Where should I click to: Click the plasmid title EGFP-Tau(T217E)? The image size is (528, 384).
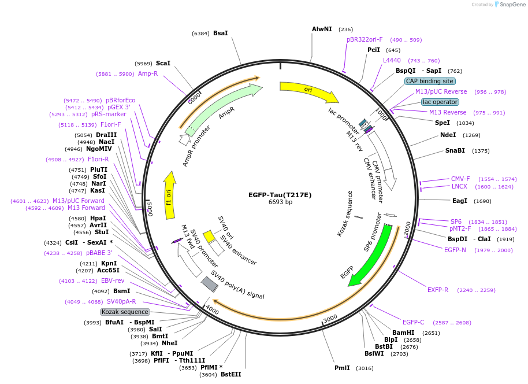point(280,195)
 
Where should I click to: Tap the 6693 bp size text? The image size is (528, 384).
point(280,202)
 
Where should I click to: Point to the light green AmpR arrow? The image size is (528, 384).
point(222,108)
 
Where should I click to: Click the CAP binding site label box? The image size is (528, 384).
point(430,82)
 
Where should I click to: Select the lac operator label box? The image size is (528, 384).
point(440,102)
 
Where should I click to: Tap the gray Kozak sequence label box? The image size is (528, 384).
point(125,312)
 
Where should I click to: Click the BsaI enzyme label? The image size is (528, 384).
point(221,34)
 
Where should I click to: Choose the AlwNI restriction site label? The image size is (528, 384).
point(322,29)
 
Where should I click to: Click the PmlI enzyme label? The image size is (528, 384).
point(342,368)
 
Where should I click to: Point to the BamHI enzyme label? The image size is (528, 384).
point(403,333)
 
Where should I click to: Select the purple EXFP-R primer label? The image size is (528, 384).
point(438,290)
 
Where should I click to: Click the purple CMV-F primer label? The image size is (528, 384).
point(460,179)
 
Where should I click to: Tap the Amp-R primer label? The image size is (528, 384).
point(148,74)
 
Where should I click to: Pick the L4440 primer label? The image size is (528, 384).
point(392,60)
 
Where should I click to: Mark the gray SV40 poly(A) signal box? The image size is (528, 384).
point(209,284)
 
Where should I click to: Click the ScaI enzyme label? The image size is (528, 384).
point(163,63)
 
